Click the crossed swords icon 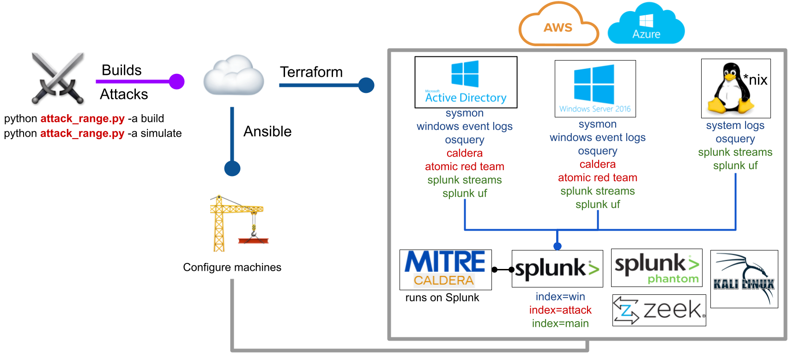(x=57, y=77)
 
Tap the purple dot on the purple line (x=176, y=81)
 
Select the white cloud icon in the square (x=234, y=75)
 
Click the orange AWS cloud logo (x=558, y=26)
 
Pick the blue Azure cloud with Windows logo (x=646, y=24)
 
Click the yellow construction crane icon (x=238, y=223)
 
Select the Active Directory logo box (x=466, y=82)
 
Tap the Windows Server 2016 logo (x=595, y=89)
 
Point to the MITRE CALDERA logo (x=445, y=269)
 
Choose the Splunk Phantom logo (x=656, y=268)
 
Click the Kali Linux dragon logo (x=744, y=279)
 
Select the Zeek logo (x=659, y=310)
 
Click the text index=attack (x=560, y=310)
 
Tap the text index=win (x=560, y=296)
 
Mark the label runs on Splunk (x=442, y=298)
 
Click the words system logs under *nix (x=735, y=125)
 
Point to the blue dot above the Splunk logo (x=558, y=246)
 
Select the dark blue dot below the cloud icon (x=232, y=168)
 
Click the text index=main (x=560, y=323)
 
